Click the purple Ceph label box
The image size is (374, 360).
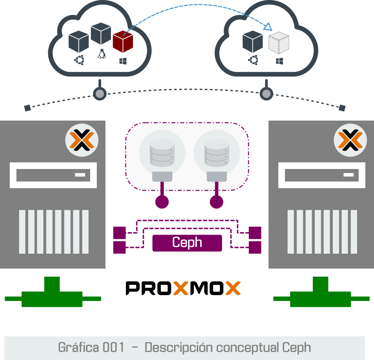click(187, 243)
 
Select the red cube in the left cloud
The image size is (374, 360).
click(123, 42)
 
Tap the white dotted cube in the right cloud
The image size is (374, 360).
click(279, 43)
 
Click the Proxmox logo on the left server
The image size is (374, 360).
click(81, 140)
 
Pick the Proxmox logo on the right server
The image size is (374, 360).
click(350, 140)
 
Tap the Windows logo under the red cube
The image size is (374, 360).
click(123, 61)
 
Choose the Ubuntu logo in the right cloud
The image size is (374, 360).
click(253, 61)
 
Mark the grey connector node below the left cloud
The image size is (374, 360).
click(99, 94)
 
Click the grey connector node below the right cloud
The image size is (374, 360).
click(266, 94)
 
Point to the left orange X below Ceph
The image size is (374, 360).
click(181, 288)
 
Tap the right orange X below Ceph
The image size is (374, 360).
click(233, 288)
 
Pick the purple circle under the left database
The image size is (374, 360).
click(162, 202)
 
